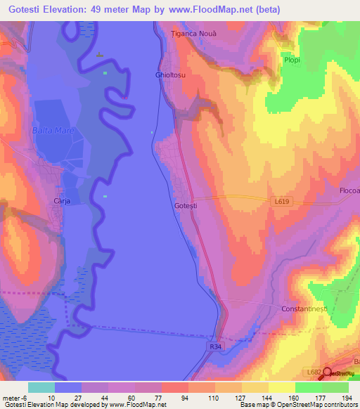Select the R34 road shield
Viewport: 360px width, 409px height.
coord(216,346)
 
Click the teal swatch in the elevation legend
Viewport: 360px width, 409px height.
coord(41,387)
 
